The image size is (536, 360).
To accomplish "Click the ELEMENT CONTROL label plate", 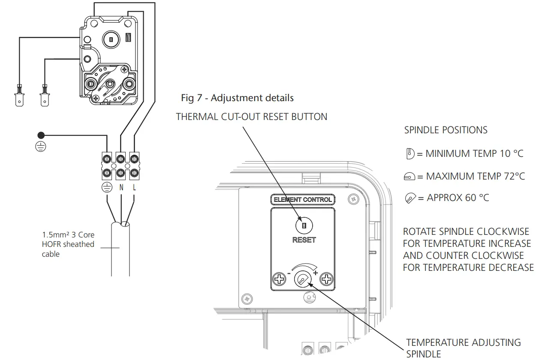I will [303, 200].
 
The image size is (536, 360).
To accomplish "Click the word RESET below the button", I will [304, 240].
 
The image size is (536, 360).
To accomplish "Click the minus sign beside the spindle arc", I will [289, 273].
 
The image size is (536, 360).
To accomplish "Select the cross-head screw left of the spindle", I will [280, 280].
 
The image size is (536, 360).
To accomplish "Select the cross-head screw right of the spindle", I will [328, 280].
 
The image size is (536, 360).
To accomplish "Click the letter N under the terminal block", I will [121, 187].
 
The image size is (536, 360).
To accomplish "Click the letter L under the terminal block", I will [134, 187].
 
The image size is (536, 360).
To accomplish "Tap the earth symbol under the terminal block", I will [106, 188].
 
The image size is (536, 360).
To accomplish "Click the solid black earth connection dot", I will [41, 135].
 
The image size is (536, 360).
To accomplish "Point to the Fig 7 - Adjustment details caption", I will [237, 98].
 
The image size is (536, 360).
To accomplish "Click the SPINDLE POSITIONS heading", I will [446, 130].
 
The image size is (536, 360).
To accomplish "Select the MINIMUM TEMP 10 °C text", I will [474, 153].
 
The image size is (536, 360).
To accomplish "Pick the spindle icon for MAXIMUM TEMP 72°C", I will [410, 177].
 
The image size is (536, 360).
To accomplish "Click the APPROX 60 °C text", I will [458, 198].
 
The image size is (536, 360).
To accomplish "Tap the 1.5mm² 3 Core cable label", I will [68, 244].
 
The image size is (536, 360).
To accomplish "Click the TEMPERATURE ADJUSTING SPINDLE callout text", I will [463, 348].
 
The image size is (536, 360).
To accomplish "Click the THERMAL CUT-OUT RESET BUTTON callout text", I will [251, 117].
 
